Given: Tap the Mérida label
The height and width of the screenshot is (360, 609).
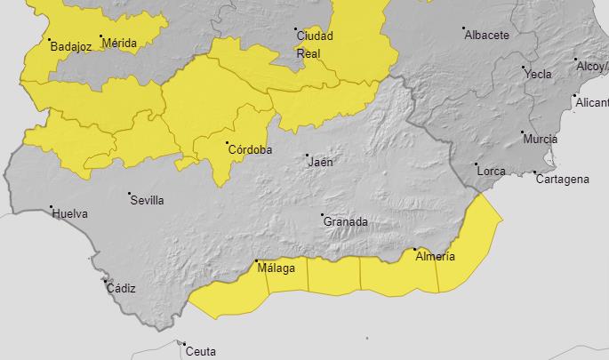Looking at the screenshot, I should click(119, 43).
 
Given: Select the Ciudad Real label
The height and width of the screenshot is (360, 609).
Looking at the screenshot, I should click(315, 44).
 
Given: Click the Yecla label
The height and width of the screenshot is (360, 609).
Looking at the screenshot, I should click(539, 74).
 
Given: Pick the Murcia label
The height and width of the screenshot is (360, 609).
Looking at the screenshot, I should click(541, 140).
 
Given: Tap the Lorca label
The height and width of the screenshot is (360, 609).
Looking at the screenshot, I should click(492, 170).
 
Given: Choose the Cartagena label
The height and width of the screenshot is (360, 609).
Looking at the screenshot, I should click(563, 180).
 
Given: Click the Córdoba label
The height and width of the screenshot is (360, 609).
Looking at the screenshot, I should click(250, 149).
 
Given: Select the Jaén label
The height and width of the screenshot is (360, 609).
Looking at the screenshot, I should click(320, 163).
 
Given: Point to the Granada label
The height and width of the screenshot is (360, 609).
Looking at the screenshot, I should click(346, 221).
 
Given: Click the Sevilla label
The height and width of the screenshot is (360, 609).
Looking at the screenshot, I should click(148, 200).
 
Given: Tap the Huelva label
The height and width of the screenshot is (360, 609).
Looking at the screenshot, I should click(69, 213).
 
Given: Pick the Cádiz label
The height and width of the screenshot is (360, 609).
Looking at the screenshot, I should click(121, 288).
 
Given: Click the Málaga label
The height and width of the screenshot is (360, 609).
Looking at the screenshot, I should click(276, 268).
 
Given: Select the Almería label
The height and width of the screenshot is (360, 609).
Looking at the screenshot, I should click(436, 257).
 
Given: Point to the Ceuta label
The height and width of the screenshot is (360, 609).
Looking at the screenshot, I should click(201, 351).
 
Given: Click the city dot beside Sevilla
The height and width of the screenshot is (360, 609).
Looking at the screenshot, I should click(129, 193).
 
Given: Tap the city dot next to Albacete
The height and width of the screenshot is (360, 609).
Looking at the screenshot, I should click(464, 28).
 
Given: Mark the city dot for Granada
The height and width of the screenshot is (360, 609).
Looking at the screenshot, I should click(322, 214).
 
